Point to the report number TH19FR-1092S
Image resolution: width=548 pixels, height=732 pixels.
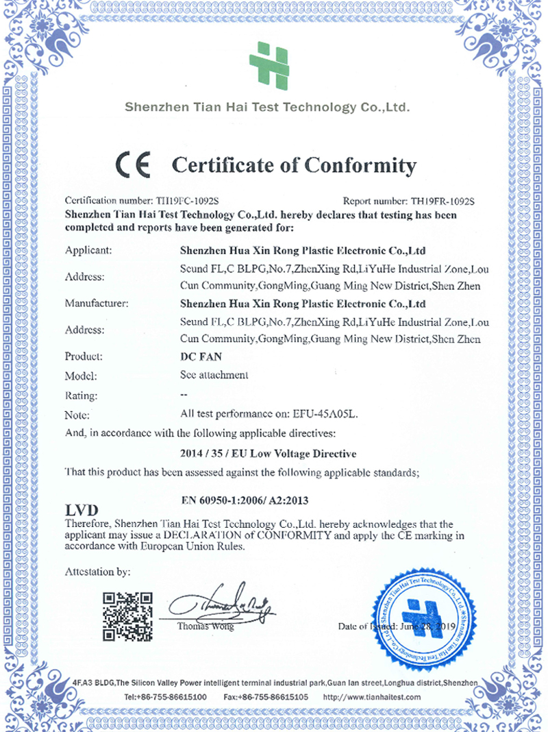443,202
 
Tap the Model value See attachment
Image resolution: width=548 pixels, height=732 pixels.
213,375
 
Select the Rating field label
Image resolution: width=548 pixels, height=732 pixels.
82,395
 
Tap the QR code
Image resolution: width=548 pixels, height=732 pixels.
127,615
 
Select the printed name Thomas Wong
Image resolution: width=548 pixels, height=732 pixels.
205,626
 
